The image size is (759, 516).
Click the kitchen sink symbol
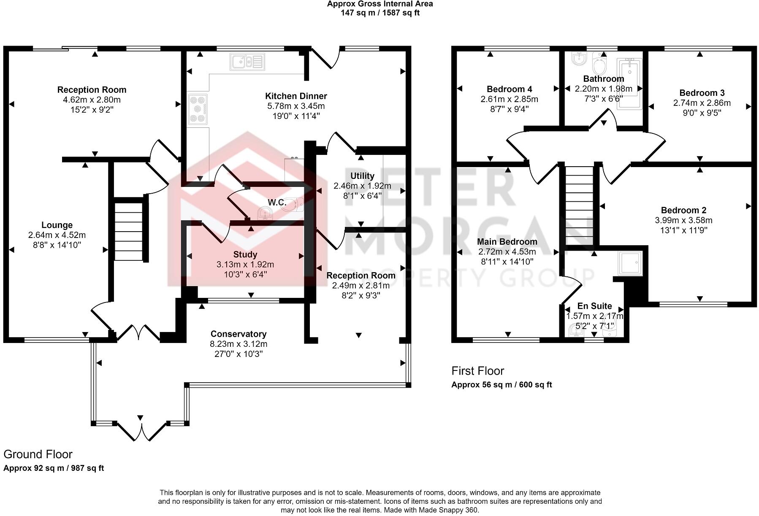[x=247, y=62]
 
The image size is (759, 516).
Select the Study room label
[x=245, y=254]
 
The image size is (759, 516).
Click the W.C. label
[x=277, y=203]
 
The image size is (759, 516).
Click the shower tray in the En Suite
[x=630, y=264]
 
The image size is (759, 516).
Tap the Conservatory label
[x=239, y=334]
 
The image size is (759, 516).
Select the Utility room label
[x=362, y=176]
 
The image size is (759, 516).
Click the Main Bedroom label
[x=507, y=242]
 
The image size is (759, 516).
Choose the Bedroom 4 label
[x=509, y=89]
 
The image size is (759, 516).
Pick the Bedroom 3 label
[x=702, y=93]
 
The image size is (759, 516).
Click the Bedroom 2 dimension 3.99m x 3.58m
[x=683, y=220]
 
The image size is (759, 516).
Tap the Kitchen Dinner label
[x=296, y=96]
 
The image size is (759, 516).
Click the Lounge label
[x=57, y=225]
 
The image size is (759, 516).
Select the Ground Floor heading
[x=38, y=454]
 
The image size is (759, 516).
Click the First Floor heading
[x=478, y=371]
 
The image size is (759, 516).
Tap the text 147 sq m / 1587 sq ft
[x=380, y=13]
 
